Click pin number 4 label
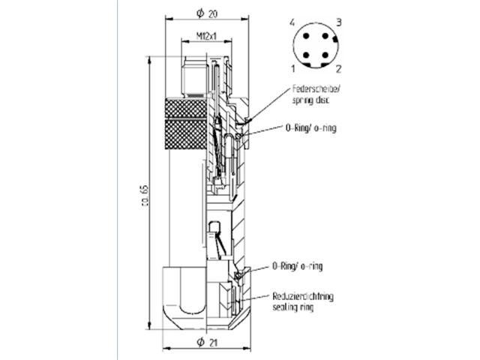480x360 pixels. pyautogui.click(x=292, y=23)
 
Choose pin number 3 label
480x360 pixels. pyautogui.click(x=338, y=23)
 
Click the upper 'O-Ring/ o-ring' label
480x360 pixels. pyautogui.click(x=310, y=128)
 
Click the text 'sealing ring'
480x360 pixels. pyautogui.click(x=293, y=307)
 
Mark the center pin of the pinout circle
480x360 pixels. pyautogui.click(x=315, y=45)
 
